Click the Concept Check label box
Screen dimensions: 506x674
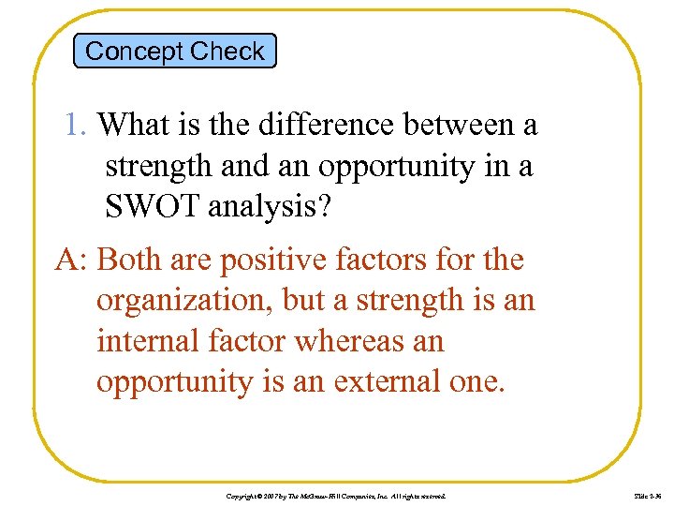pyautogui.click(x=175, y=51)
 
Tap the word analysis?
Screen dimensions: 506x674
pyautogui.click(x=272, y=207)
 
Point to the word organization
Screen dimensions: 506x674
pyautogui.click(x=189, y=301)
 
